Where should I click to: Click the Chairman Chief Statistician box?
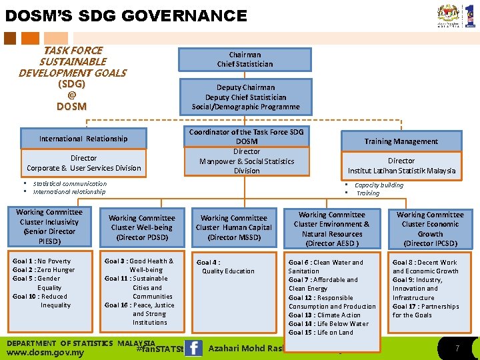(245, 59)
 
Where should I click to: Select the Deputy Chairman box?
(245, 97)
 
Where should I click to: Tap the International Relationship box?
(83, 139)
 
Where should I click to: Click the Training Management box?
(401, 141)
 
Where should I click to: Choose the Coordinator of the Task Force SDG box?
(246, 151)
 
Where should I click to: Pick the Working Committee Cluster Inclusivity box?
(49, 227)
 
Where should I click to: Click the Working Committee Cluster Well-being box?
(141, 227)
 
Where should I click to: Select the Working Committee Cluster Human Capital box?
(233, 227)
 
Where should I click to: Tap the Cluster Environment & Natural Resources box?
(331, 229)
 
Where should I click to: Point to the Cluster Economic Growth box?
(430, 229)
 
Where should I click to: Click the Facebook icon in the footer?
(193, 348)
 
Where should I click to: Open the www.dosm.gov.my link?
(45, 353)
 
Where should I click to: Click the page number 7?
(457, 349)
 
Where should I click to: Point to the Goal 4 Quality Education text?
(225, 267)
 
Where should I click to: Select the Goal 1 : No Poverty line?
(41, 261)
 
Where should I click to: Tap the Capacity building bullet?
(379, 185)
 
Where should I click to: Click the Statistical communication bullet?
(69, 184)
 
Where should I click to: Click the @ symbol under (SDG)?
(71, 95)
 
